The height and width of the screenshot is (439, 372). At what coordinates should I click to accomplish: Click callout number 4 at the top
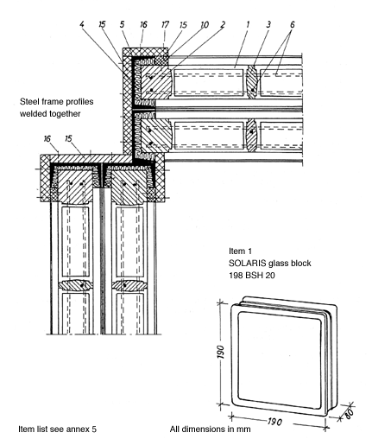point(82,24)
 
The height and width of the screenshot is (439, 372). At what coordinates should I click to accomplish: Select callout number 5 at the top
point(123,24)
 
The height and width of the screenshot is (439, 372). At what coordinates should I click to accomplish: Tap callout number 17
point(165,24)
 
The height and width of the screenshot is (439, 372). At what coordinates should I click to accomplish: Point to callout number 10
point(205,25)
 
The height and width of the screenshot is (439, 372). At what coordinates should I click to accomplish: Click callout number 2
point(223,25)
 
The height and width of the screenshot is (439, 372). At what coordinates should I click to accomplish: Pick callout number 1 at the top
point(248,24)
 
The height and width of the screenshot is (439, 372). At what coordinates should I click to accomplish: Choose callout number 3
point(268,24)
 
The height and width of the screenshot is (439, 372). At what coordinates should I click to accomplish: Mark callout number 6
point(293,24)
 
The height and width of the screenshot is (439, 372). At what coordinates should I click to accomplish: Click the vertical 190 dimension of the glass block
point(220,352)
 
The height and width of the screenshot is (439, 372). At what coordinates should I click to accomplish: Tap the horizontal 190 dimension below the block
point(274,422)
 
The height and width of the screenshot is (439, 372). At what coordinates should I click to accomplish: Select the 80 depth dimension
point(348,414)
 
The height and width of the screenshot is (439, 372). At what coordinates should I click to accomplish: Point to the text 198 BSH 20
point(252,276)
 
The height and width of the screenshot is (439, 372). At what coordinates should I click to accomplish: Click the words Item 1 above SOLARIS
point(240,251)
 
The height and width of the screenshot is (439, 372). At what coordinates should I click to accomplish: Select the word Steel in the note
point(28,102)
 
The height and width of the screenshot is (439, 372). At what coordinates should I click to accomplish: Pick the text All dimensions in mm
point(210,429)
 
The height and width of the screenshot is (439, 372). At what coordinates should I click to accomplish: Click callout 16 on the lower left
point(47,139)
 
